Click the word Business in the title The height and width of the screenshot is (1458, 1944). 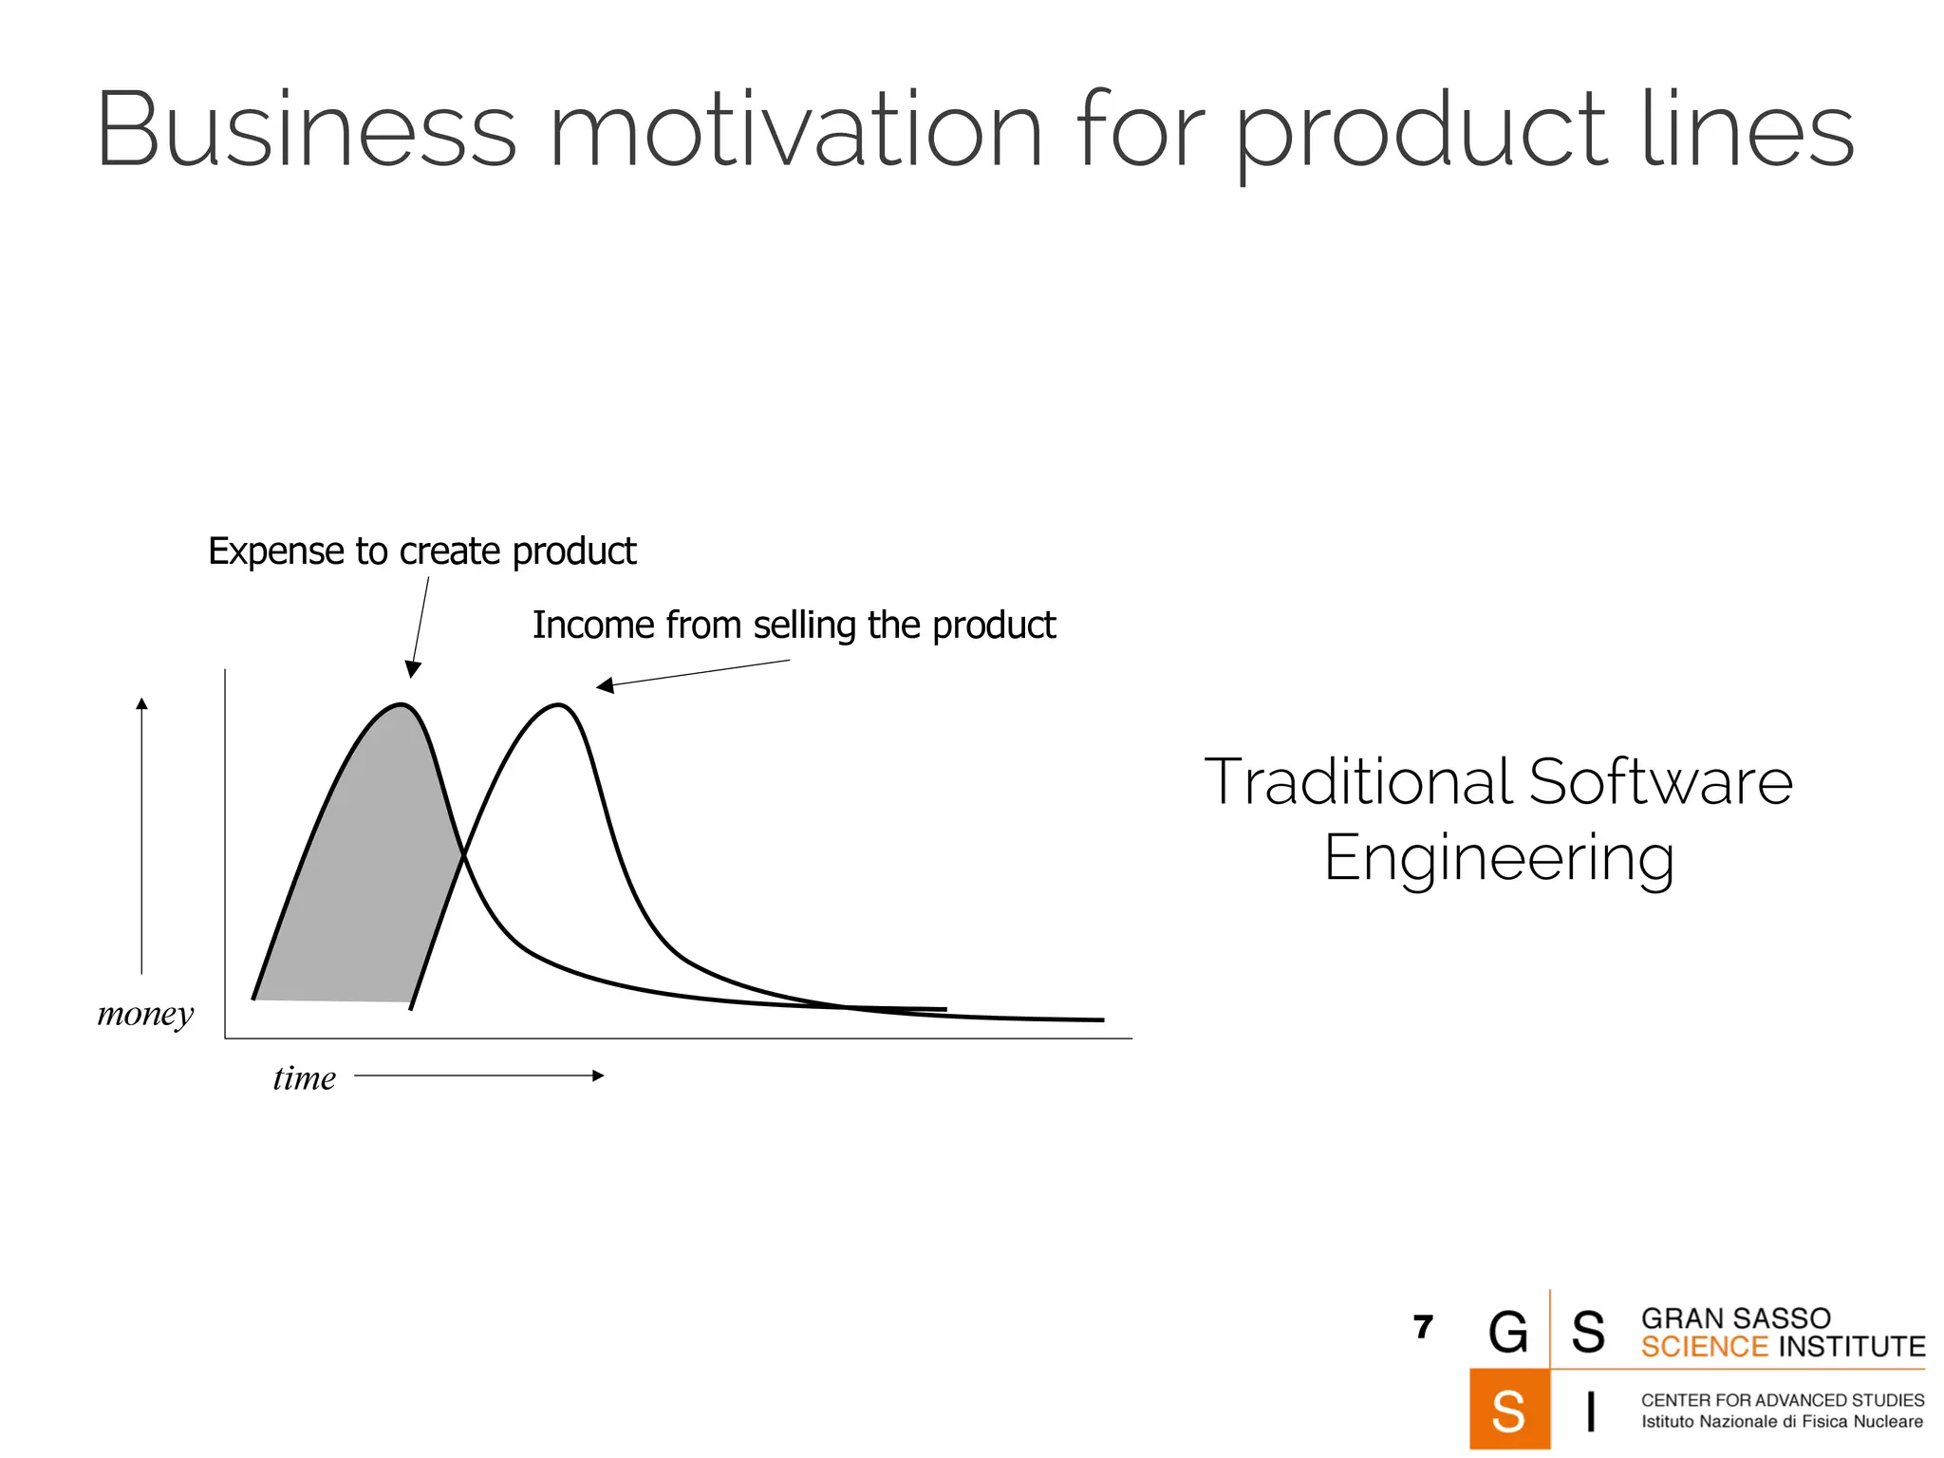click(x=306, y=129)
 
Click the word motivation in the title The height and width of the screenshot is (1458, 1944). click(x=795, y=129)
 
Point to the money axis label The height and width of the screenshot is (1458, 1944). click(x=145, y=1014)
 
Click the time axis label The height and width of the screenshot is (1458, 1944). click(x=304, y=1078)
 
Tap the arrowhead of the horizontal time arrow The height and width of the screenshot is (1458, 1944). click(x=598, y=1075)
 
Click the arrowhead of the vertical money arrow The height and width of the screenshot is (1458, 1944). click(x=141, y=703)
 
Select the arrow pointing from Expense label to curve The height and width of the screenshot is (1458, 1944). click(x=420, y=626)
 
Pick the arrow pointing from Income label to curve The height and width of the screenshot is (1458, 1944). click(x=693, y=674)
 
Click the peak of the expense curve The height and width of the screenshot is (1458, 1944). click(x=402, y=705)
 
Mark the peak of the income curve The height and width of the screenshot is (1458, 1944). click(x=559, y=705)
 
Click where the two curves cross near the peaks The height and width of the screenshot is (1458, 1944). click(x=463, y=857)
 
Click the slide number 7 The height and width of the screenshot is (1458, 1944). click(x=1422, y=1327)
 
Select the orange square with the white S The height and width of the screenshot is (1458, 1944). click(x=1508, y=1410)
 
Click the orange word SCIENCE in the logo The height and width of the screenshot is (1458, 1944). click(x=1705, y=1347)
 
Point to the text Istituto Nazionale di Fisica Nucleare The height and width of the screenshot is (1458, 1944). click(x=1782, y=1422)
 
